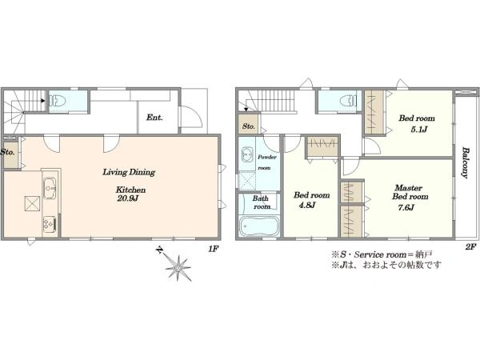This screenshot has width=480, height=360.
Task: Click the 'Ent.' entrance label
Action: coord(154,118)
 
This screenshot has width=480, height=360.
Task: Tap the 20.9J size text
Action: coord(128,198)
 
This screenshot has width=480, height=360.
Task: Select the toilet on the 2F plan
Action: coord(348,100)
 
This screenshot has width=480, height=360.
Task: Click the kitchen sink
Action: coord(50,188)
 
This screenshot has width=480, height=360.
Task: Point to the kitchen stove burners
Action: coord(49,224)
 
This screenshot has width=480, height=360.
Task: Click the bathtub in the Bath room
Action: coord(258,226)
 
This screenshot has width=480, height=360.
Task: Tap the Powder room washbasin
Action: coord(246,154)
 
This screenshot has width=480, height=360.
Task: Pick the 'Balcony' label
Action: coord(466,163)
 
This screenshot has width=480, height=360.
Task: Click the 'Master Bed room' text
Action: coord(410,192)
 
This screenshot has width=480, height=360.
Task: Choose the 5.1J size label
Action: coord(418,130)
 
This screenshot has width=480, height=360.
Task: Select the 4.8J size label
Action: coord(306,205)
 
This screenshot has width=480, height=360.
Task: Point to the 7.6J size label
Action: coord(406,207)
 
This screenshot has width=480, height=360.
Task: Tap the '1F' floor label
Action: coord(213,249)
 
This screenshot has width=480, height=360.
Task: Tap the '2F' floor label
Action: coord(471,246)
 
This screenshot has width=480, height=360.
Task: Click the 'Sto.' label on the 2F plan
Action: coord(249,126)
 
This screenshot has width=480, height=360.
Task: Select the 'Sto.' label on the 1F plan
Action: coord(7,151)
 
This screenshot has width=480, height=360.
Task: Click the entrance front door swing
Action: coord(191,117)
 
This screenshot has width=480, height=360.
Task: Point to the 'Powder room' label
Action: coord(266,162)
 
